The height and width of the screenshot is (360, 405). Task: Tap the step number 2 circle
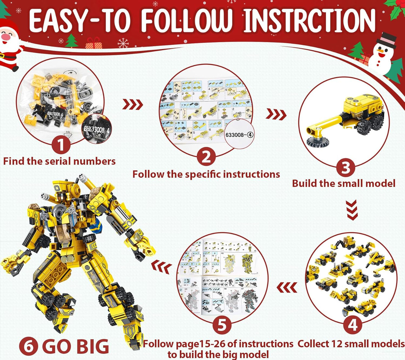[x=206, y=157]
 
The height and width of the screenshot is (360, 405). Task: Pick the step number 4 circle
[x=352, y=325]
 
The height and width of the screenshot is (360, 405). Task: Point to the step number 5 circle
[x=222, y=325]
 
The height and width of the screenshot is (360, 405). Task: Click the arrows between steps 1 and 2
[x=133, y=105]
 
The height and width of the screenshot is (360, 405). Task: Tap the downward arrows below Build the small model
[x=352, y=210]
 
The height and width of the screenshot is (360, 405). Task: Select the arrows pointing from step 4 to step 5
[x=287, y=287]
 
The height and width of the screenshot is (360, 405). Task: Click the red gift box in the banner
[x=94, y=43]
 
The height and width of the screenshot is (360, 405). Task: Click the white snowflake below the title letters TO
[x=123, y=43]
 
